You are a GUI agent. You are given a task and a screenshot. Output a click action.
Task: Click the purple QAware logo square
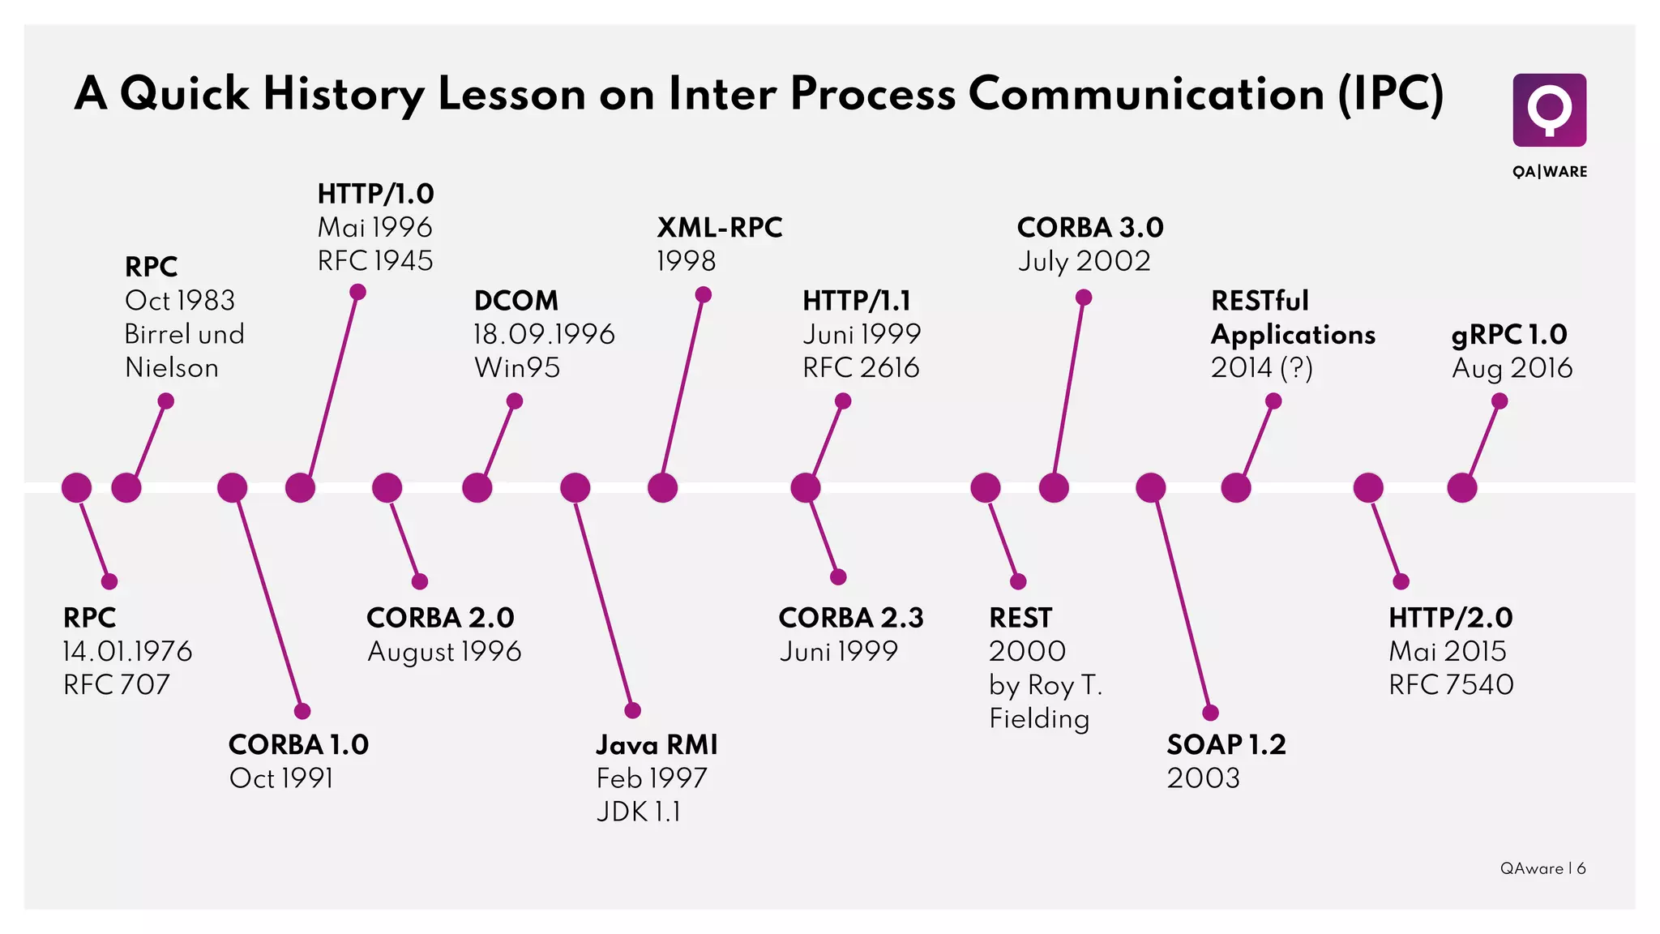(x=1549, y=110)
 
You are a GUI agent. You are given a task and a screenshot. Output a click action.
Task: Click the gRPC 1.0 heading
(x=1508, y=334)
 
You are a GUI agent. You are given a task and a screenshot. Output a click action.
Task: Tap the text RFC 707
(x=117, y=684)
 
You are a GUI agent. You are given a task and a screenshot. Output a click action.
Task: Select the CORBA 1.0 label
(x=298, y=744)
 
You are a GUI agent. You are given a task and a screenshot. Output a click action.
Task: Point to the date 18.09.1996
(x=544, y=334)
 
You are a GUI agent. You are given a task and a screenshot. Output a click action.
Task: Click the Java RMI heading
(x=657, y=744)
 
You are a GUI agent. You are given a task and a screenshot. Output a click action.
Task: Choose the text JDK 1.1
(x=639, y=811)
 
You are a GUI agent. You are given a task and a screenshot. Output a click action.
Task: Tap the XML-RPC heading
(x=720, y=228)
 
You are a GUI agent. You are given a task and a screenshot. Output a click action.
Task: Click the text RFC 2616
(x=861, y=367)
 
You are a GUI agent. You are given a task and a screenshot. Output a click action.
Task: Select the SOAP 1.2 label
(x=1226, y=744)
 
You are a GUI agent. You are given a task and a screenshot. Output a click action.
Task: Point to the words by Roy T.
(x=1046, y=685)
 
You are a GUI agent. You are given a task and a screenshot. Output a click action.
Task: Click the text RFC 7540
(x=1451, y=684)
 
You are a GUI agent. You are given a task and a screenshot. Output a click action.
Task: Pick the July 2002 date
(x=1084, y=261)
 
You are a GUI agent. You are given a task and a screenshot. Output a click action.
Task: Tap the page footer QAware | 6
(x=1542, y=868)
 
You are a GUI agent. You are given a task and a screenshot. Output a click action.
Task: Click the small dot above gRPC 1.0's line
(x=1500, y=401)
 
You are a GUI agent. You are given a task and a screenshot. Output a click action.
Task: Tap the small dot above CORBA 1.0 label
(x=302, y=711)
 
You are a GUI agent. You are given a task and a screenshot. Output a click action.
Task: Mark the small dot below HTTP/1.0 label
(x=357, y=292)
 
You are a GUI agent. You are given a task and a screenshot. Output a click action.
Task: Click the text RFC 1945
(x=375, y=261)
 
